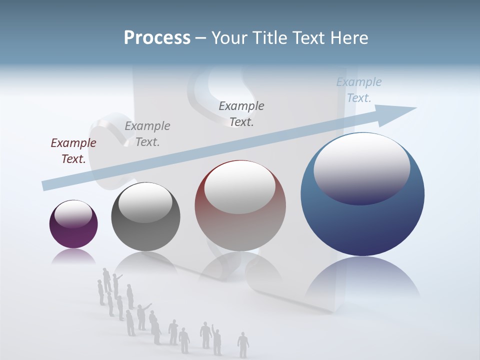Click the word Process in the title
click(157, 38)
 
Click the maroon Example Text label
click(73, 151)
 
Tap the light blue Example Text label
click(358, 90)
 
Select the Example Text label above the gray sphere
click(147, 134)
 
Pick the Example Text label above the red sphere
click(241, 114)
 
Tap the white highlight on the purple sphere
click(73, 213)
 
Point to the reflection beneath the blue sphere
click(362, 280)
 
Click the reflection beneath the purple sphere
click(73, 256)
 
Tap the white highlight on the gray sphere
click(145, 201)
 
